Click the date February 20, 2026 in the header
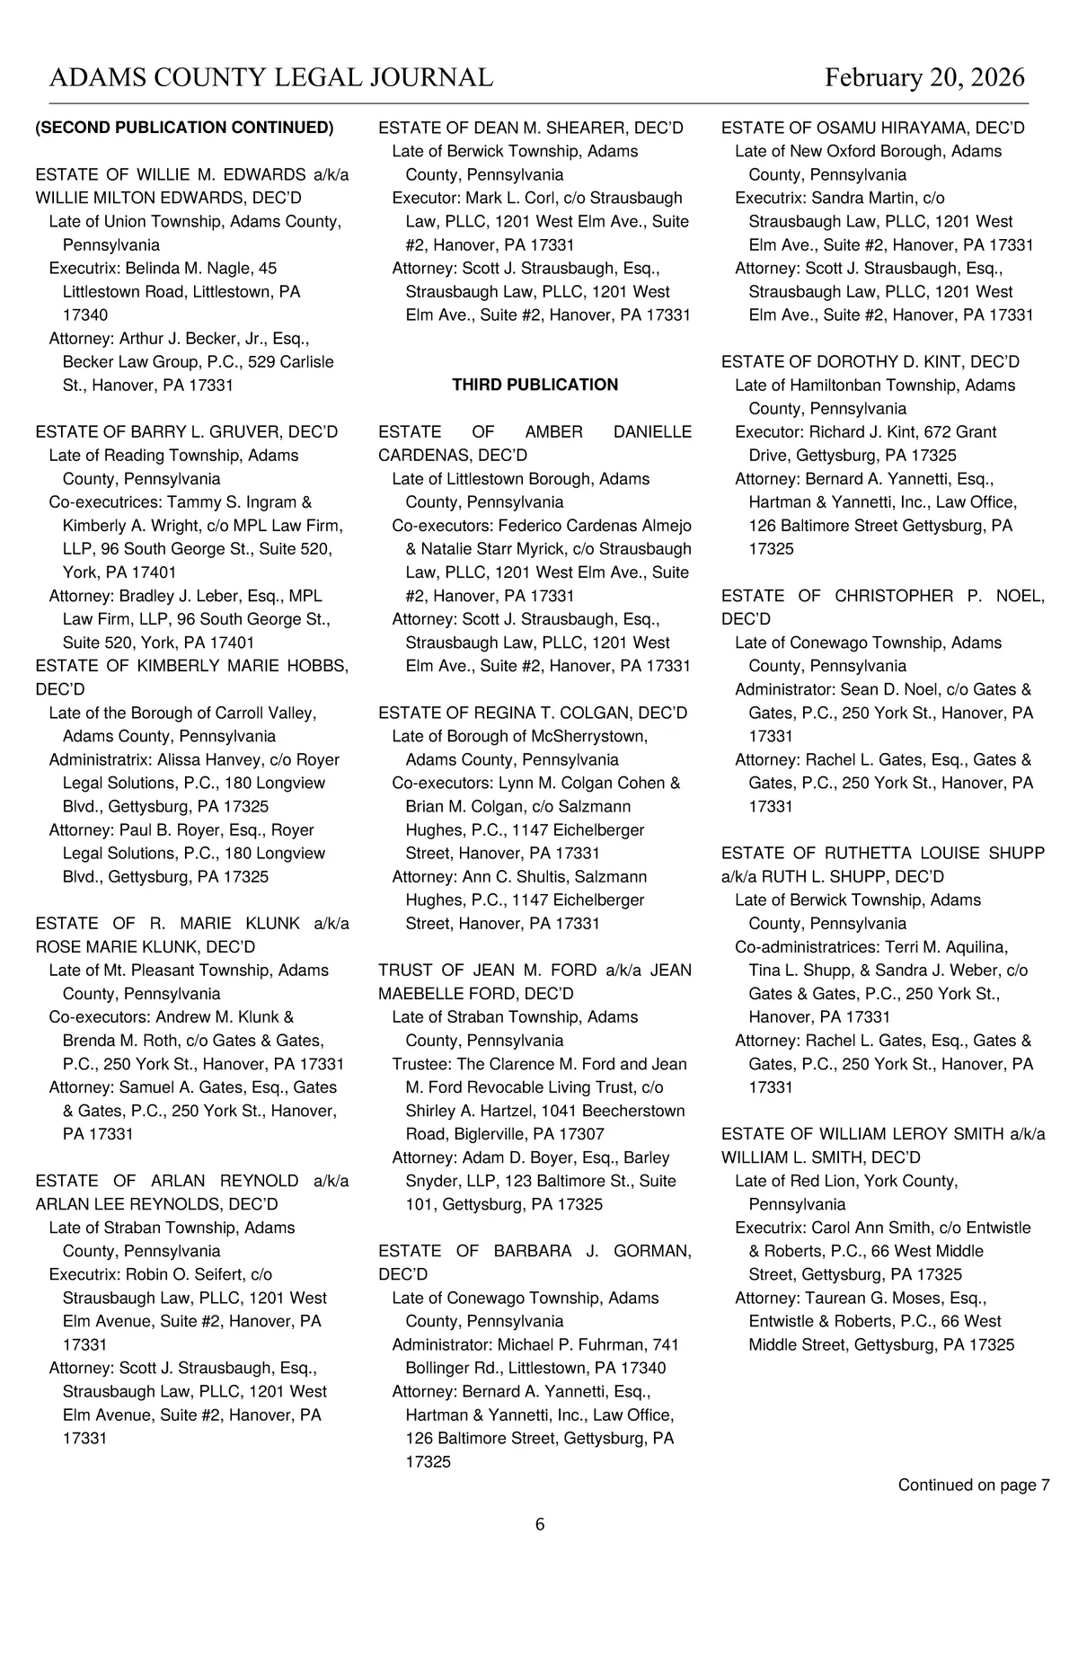(x=924, y=78)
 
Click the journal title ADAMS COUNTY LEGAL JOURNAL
(x=271, y=78)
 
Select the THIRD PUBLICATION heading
(x=535, y=385)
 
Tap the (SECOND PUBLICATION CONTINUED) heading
(x=184, y=128)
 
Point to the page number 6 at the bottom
(x=540, y=1524)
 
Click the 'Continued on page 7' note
(x=974, y=1485)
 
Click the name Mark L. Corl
(x=510, y=198)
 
